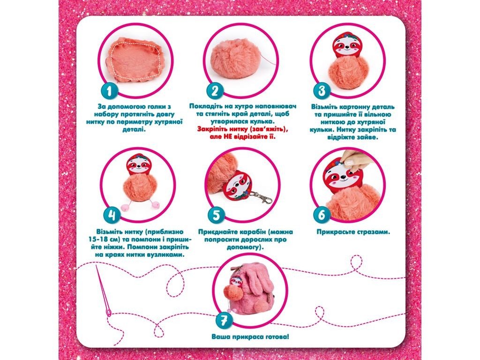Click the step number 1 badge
tap(109, 90)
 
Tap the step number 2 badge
tap(215, 90)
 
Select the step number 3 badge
tap(322, 90)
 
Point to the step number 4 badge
tap(112, 215)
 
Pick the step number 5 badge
tap(216, 215)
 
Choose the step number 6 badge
tap(322, 215)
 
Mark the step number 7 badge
tap(224, 320)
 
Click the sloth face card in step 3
tap(346, 46)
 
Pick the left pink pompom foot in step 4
tap(125, 207)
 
